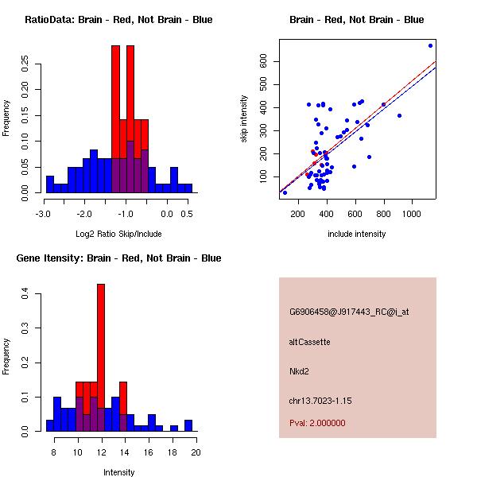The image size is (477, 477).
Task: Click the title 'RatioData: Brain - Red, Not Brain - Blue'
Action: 118,20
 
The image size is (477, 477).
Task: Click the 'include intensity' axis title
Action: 357,234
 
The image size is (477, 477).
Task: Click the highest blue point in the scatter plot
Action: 430,45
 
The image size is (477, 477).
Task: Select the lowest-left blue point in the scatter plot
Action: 285,192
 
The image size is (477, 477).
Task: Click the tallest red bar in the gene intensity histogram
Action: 101,357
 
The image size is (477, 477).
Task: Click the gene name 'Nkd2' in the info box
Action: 298,371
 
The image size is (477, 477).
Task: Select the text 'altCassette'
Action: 309,342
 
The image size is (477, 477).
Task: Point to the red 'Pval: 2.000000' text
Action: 317,423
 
